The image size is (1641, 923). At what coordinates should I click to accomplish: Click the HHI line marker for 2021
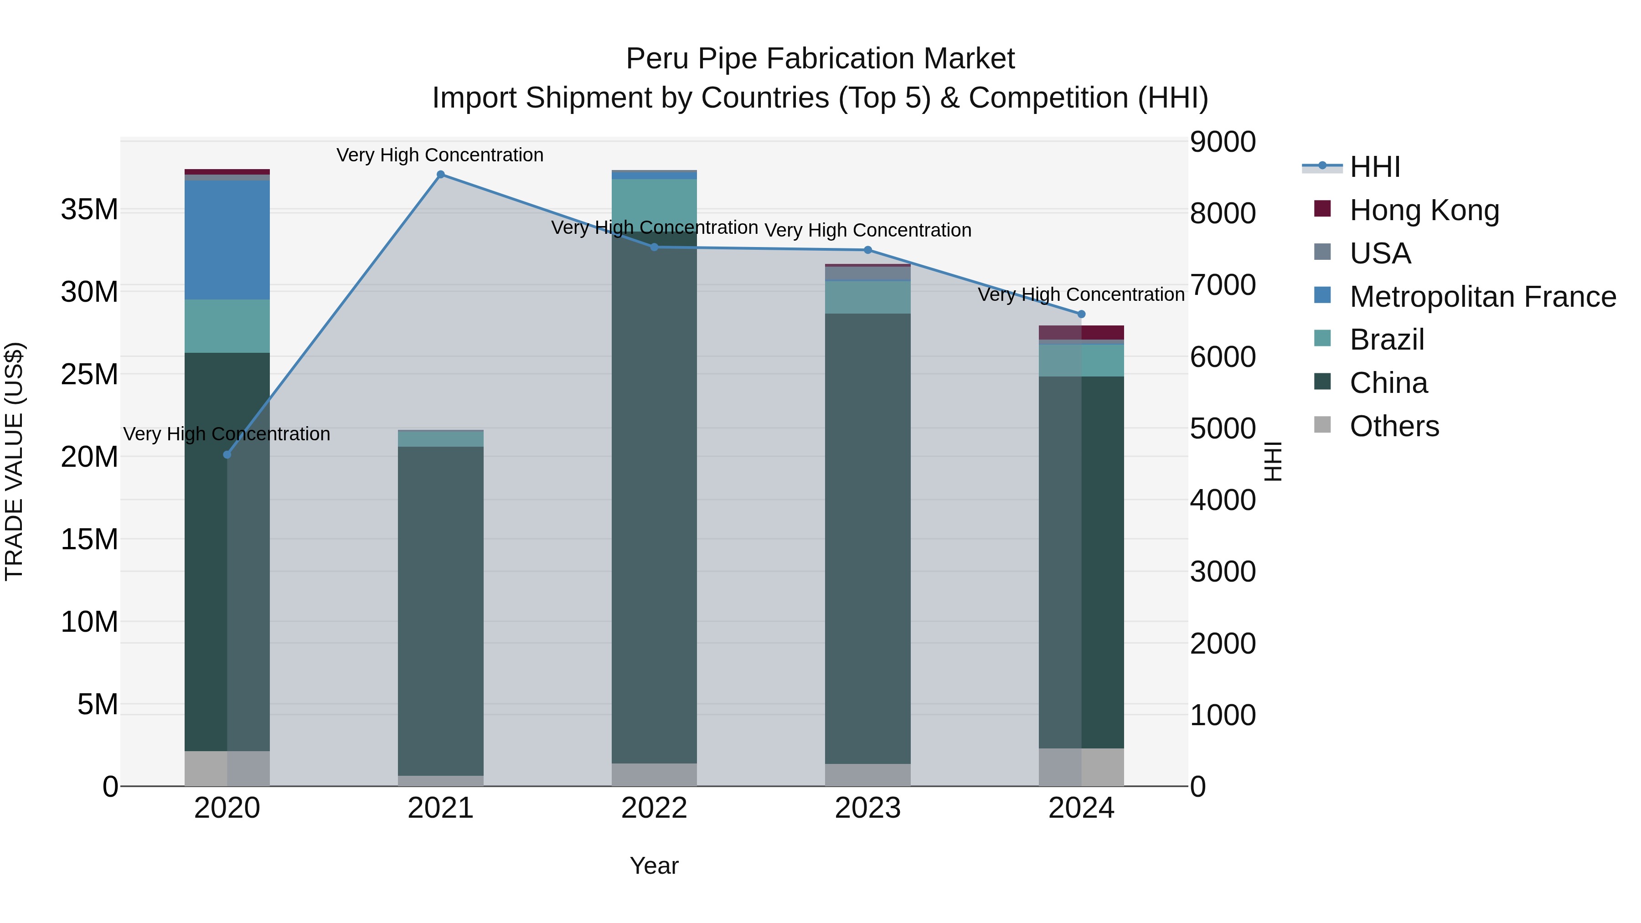[440, 175]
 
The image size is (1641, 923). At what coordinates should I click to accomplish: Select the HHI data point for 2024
[1081, 314]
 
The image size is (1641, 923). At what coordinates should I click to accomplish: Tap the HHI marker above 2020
[227, 455]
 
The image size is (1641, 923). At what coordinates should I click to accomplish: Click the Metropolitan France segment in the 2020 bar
[227, 240]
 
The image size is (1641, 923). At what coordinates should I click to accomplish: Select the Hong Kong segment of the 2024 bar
[1081, 333]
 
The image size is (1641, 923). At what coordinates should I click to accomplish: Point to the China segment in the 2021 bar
[440, 610]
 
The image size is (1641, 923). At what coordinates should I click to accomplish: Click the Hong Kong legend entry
[1424, 210]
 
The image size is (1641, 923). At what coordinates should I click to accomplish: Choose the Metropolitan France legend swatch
[1322, 295]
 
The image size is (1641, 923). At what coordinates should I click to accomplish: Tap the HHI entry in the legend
[1375, 167]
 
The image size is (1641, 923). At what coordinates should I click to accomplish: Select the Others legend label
[1394, 426]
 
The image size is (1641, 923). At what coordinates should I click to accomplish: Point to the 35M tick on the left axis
[89, 210]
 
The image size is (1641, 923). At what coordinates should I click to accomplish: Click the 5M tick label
[98, 705]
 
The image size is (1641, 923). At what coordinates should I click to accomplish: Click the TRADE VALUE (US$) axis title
[14, 461]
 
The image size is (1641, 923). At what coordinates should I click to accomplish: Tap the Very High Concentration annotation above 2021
[440, 155]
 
